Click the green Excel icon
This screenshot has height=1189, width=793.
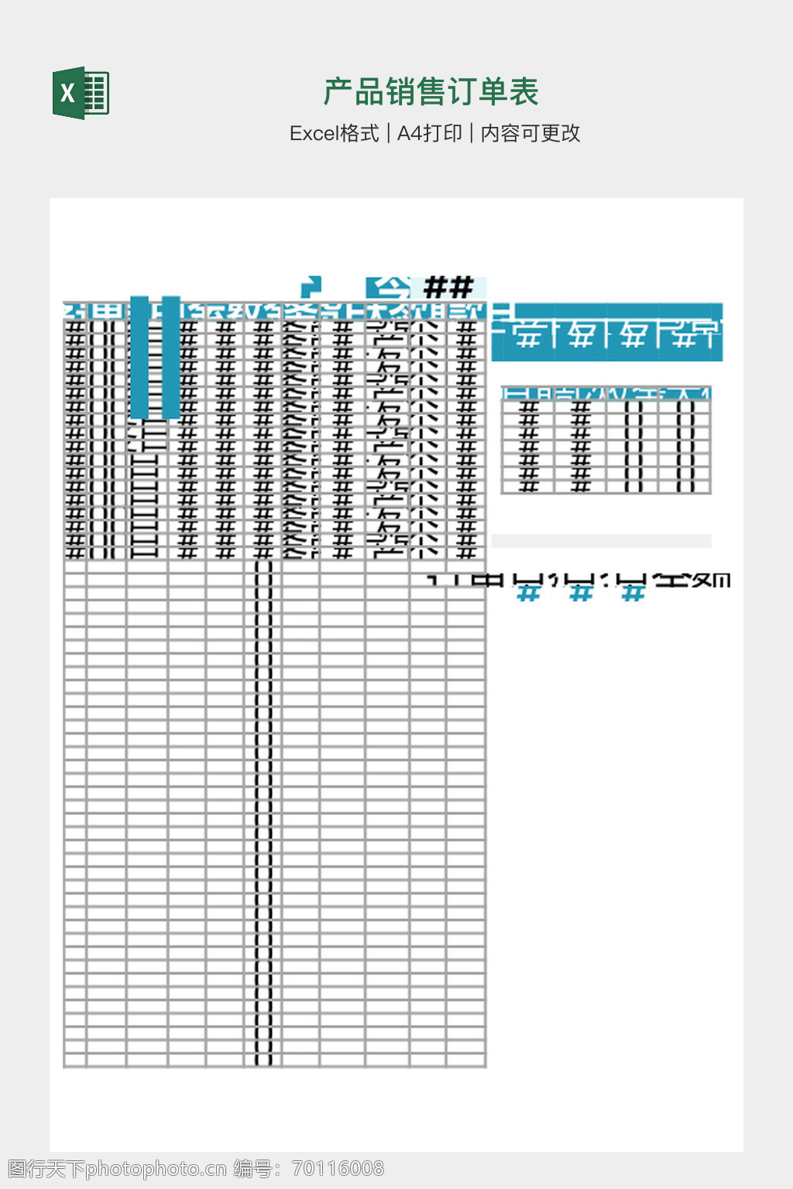point(81,93)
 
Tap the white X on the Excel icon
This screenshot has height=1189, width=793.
point(68,94)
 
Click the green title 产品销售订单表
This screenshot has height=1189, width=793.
point(431,92)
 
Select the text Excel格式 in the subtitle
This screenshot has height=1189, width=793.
point(334,134)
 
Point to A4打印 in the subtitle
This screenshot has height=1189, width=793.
point(429,134)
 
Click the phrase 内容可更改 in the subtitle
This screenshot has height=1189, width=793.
point(530,134)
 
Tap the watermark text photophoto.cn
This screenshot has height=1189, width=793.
point(156,1169)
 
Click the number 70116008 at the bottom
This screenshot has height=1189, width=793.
point(338,1169)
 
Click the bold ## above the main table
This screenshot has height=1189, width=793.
point(448,288)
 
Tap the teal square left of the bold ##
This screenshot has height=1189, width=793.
point(388,288)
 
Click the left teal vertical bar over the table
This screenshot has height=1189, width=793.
point(139,357)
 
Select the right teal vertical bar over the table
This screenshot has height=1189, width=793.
point(171,357)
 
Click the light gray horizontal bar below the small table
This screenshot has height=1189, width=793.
point(601,541)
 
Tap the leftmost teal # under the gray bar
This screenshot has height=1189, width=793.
point(528,594)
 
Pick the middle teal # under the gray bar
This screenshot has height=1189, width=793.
point(581,594)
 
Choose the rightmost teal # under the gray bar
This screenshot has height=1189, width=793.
point(633,594)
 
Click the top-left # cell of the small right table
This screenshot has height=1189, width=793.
point(528,409)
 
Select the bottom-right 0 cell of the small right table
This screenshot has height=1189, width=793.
point(685,485)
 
